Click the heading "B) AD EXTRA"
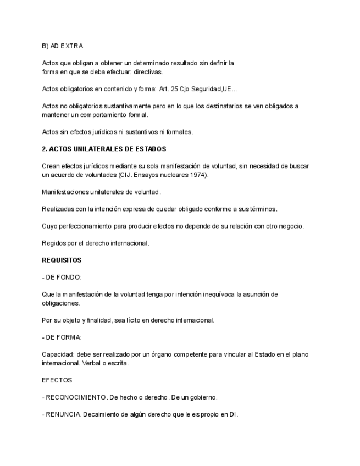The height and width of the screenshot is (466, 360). pos(62,46)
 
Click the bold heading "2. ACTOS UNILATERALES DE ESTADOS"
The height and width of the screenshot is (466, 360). pos(104,149)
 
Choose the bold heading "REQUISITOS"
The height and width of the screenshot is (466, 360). pos(62,260)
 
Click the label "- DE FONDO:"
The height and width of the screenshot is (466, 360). pos(62,277)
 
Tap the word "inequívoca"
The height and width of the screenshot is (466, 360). pos(217,295)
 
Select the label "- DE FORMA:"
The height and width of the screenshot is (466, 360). pos(62,337)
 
